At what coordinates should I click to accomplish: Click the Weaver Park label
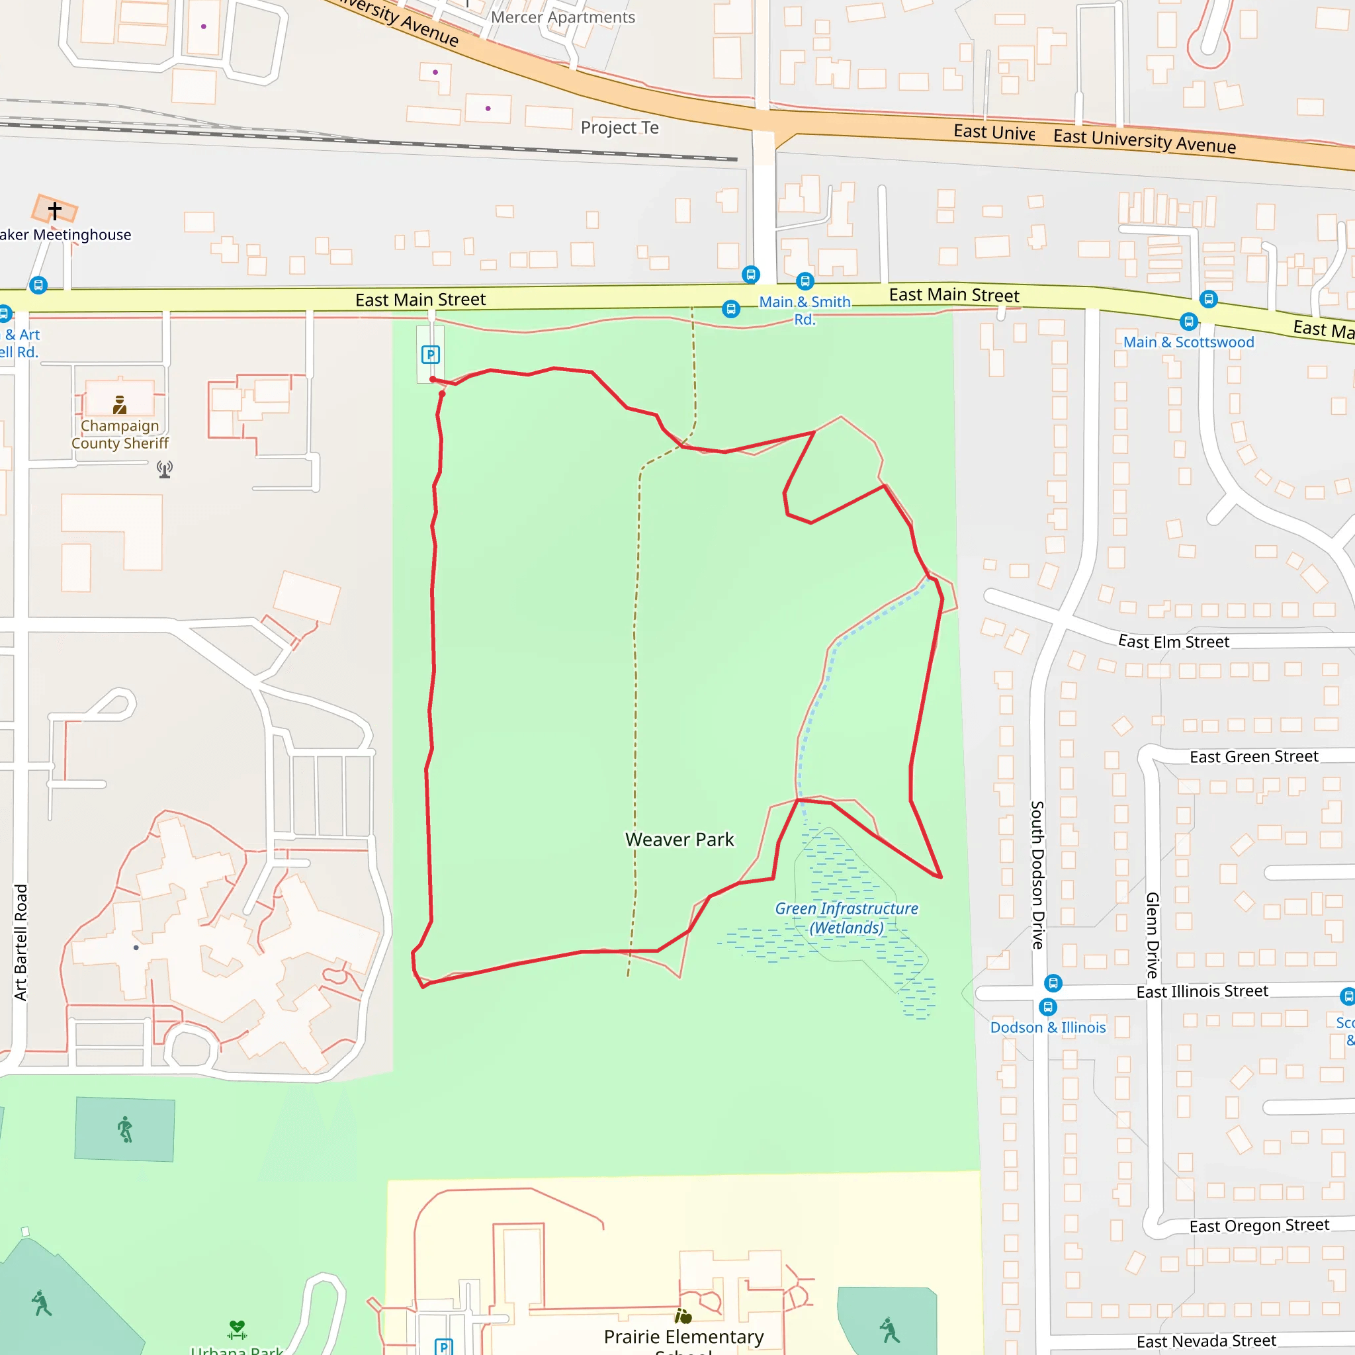[679, 840]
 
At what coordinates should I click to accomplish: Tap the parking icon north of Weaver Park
[431, 355]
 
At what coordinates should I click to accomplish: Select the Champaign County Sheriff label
[120, 434]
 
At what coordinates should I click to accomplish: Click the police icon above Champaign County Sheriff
[120, 405]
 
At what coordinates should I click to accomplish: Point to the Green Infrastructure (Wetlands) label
[846, 918]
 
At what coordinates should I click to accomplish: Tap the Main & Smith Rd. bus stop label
[805, 310]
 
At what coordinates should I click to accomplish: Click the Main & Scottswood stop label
[1188, 342]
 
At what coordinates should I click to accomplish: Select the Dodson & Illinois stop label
[1047, 1027]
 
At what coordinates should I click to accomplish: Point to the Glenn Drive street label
[1153, 935]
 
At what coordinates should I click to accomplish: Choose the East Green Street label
[1254, 757]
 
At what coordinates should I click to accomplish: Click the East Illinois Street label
[1202, 991]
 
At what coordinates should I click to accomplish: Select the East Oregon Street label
[1259, 1225]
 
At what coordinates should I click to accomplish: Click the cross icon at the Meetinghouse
[55, 210]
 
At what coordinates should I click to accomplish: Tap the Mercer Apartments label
[562, 18]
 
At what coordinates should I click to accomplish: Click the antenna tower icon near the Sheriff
[165, 469]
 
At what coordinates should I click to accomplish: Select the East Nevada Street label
[1206, 1341]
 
